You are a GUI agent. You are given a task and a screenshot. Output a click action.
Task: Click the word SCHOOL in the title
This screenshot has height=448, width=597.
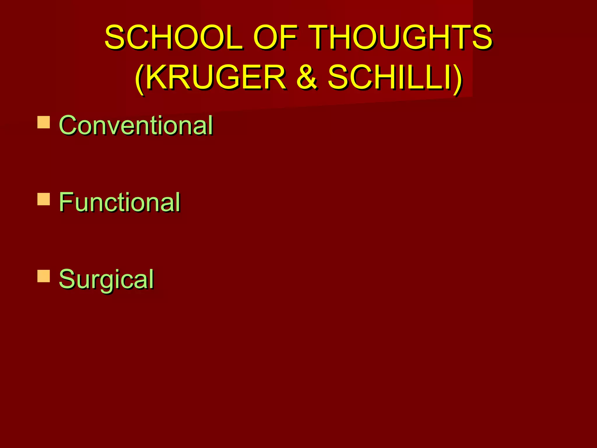tap(173, 37)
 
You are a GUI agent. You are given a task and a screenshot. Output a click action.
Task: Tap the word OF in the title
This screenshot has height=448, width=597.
tap(275, 37)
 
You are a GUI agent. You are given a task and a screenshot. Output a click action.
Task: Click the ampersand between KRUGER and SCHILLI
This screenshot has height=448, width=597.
tap(306, 77)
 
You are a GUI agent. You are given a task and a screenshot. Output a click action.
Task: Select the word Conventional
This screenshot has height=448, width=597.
tap(136, 125)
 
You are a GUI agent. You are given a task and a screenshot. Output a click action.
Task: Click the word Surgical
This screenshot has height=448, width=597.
tap(106, 279)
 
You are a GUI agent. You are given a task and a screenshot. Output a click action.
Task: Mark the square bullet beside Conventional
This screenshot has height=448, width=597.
tap(44, 123)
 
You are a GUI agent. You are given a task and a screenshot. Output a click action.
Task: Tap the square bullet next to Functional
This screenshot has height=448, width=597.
tap(44, 199)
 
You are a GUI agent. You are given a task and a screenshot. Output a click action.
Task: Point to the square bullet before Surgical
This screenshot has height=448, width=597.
tap(44, 276)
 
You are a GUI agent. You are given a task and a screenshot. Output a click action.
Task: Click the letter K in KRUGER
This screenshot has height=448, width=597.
tap(159, 77)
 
